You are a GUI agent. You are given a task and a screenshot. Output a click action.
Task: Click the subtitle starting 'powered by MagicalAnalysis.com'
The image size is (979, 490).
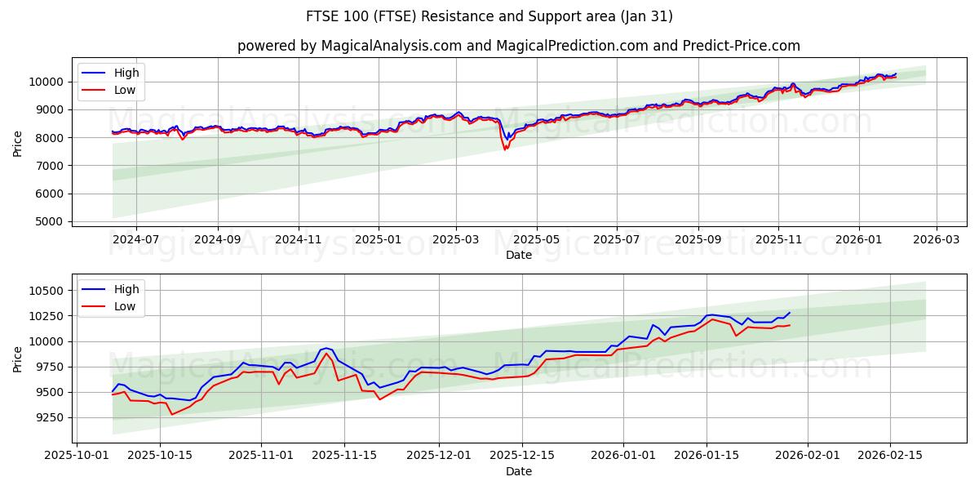518,46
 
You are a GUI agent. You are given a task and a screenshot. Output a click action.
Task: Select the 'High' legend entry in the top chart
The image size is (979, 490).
126,73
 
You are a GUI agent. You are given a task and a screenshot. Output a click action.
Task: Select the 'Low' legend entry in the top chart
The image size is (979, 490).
125,91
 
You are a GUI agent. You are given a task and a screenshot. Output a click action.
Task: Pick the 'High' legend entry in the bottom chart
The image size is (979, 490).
126,289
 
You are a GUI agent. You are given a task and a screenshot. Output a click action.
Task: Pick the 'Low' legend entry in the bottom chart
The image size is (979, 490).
125,306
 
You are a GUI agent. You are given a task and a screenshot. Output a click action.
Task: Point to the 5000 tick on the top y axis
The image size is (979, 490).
48,222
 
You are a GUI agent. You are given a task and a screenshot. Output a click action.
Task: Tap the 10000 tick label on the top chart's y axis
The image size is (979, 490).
45,82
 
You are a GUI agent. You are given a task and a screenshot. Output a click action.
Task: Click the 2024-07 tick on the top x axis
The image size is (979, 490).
135,240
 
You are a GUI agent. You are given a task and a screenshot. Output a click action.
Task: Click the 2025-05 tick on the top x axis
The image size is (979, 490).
536,240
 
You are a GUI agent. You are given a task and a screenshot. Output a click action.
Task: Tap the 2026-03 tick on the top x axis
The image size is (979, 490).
936,240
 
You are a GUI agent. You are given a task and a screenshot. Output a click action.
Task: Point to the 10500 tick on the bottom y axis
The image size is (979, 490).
45,291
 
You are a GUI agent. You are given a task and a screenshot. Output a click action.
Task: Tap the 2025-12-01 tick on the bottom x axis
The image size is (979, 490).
439,456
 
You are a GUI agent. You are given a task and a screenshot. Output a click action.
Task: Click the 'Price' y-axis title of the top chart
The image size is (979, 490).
18,143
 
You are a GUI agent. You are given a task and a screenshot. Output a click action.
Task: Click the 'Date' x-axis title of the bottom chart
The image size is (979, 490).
518,471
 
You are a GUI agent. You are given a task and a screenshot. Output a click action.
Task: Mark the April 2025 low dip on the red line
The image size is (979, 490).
505,149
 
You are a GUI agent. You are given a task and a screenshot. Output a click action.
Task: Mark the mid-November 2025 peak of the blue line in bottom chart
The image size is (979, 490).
326,348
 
